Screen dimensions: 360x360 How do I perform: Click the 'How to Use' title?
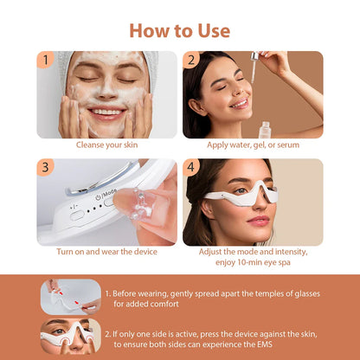pyautogui.click(x=179, y=30)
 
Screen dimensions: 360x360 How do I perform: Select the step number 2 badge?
pyautogui.click(x=191, y=60)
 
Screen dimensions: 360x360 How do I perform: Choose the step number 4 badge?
pyautogui.click(x=191, y=167)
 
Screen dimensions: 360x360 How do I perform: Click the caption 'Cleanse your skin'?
pyautogui.click(x=106, y=145)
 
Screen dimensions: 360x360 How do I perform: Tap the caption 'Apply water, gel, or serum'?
pyautogui.click(x=252, y=145)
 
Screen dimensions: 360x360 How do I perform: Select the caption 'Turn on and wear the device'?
pyautogui.click(x=106, y=251)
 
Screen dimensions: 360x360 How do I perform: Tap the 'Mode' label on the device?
pyautogui.click(x=109, y=196)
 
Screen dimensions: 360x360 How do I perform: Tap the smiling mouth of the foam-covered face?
pyautogui.click(x=106, y=112)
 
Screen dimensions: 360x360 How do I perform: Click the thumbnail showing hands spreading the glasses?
pyautogui.click(x=70, y=294)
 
